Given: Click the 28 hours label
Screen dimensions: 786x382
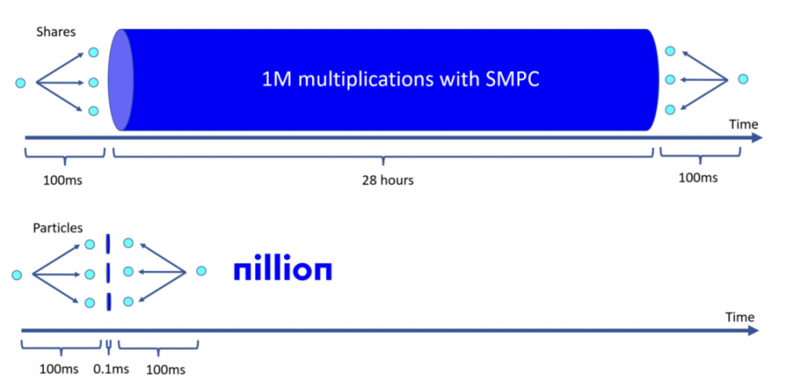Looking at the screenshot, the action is (x=387, y=180).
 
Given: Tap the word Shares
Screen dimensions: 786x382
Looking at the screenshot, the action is (x=56, y=32).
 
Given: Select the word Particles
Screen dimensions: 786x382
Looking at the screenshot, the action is (x=57, y=227).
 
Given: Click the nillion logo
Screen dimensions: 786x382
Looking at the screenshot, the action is (x=283, y=270).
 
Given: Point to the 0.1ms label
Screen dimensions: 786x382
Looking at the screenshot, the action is (x=111, y=369).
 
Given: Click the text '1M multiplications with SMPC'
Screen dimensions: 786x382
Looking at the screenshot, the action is (x=400, y=80).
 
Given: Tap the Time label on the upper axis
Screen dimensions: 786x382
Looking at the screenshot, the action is (x=744, y=124).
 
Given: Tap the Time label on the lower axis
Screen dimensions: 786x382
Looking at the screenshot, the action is (x=740, y=316).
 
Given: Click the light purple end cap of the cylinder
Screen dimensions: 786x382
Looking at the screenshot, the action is (x=120, y=80).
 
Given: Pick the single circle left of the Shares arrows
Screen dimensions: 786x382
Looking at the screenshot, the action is (x=20, y=83).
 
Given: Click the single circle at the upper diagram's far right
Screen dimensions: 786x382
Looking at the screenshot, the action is (x=743, y=79).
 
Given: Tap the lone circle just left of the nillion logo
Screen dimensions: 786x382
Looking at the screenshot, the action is (x=201, y=271).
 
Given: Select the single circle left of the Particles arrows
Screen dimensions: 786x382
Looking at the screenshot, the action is (x=17, y=274).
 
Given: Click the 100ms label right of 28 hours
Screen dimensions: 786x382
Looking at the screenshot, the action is (x=698, y=177).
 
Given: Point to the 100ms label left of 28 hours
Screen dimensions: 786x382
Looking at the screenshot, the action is (x=62, y=179).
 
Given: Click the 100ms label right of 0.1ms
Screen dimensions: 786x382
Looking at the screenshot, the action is (x=166, y=370).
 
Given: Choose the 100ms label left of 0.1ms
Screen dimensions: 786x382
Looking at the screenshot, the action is (x=59, y=369).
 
